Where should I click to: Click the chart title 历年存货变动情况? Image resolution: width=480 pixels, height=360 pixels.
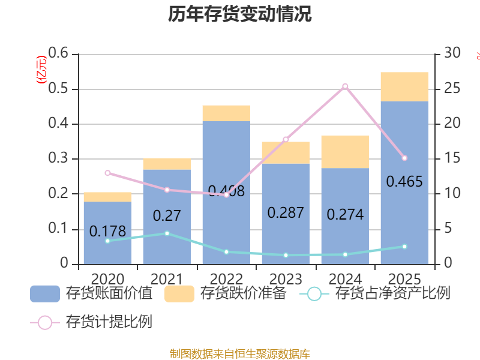(239, 14)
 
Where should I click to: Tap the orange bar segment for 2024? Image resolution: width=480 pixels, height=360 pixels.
(345, 151)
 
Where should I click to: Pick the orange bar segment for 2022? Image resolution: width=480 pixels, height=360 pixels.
(226, 113)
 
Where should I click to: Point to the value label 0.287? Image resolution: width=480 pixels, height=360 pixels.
(286, 212)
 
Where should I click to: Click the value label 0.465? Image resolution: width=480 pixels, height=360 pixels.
(404, 181)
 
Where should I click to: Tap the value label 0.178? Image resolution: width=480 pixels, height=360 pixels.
(107, 231)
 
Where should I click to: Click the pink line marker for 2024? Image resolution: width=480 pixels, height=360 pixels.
(345, 86)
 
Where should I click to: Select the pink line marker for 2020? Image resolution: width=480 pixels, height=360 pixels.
(107, 173)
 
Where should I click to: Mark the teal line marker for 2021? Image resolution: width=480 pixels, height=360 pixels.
(167, 233)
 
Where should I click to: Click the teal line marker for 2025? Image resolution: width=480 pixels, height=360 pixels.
(404, 247)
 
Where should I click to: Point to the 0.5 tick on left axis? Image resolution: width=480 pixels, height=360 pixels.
(59, 89)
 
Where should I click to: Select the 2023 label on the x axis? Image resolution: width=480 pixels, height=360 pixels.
(286, 279)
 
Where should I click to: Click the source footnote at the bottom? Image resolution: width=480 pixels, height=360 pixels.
(239, 353)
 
